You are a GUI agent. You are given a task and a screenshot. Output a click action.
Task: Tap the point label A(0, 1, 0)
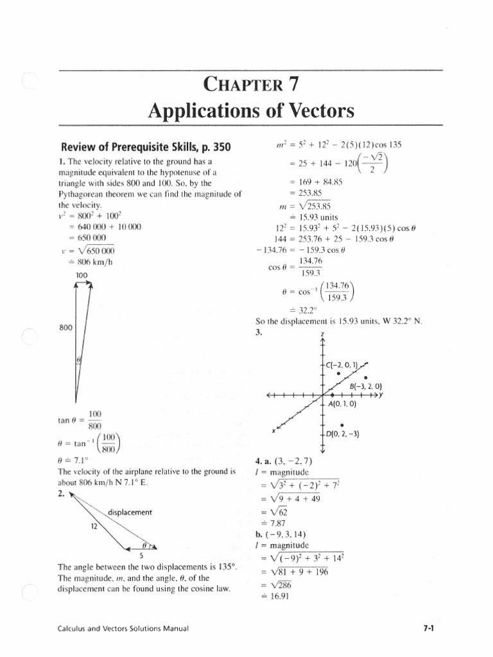[x=342, y=405]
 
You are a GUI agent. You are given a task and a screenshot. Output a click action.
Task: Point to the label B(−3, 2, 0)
[x=365, y=386]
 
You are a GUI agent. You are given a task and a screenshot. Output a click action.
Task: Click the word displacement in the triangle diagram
[x=130, y=512]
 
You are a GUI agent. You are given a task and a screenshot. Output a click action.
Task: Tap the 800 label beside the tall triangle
[x=66, y=327]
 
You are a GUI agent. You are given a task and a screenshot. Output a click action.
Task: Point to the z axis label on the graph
[x=322, y=335]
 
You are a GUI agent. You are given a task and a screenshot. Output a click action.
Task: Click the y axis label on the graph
[x=381, y=395]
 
